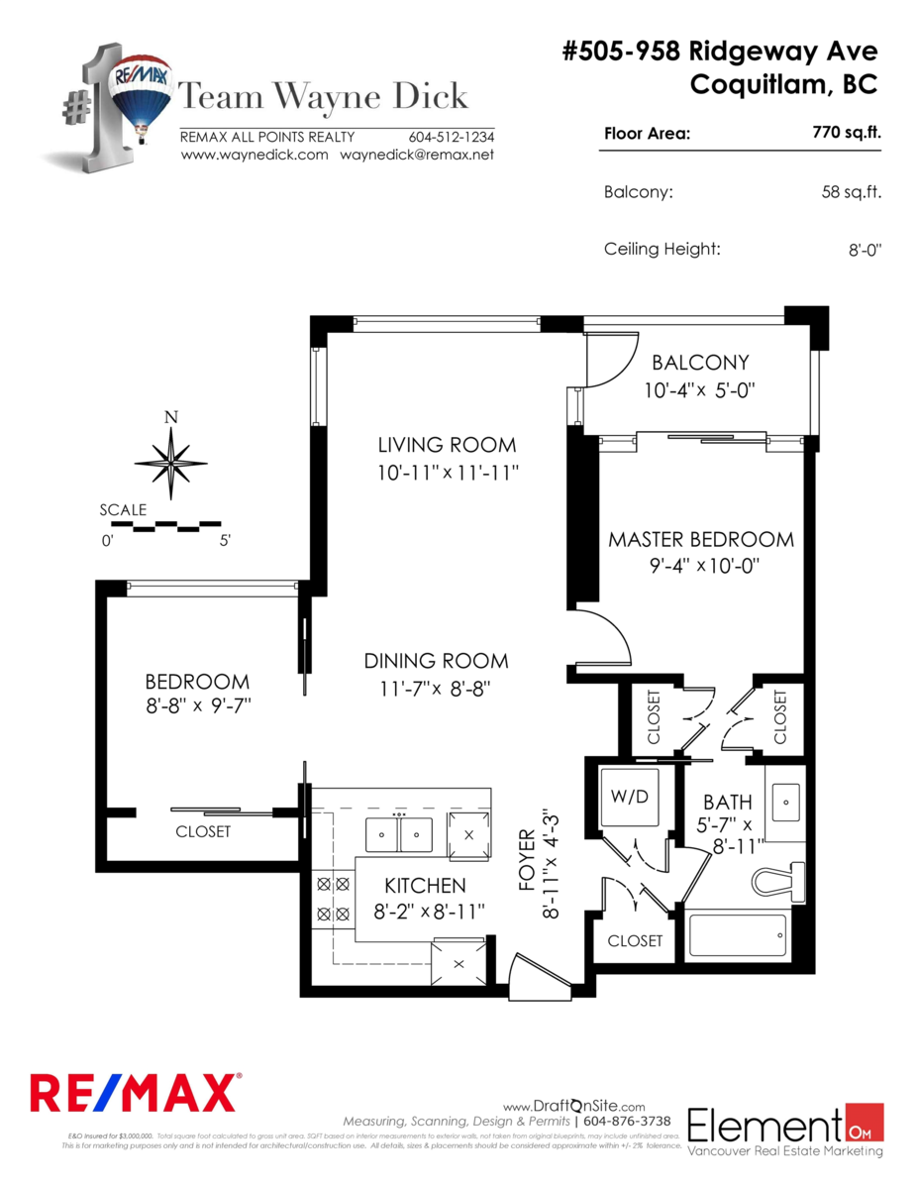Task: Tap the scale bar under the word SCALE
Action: [177, 525]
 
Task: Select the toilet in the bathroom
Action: [778, 880]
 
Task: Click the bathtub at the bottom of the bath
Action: [737, 935]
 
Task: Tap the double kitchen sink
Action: [399, 834]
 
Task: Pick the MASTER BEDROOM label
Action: [700, 540]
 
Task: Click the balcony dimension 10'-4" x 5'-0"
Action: [699, 390]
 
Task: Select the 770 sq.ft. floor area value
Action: [845, 132]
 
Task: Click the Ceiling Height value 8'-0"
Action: [864, 251]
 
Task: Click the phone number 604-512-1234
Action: [451, 137]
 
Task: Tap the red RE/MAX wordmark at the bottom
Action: [135, 1094]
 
